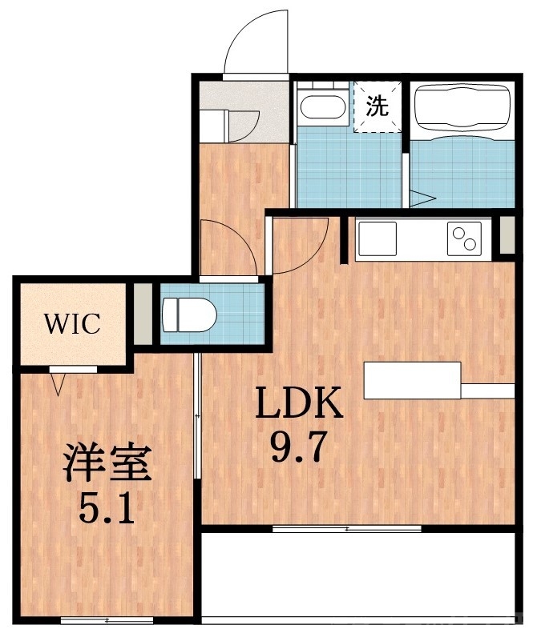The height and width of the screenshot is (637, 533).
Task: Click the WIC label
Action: tap(72, 324)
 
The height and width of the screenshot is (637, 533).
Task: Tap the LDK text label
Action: tap(299, 405)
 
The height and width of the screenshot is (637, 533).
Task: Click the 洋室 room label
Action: tap(108, 464)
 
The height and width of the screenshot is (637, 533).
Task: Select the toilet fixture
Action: tap(188, 314)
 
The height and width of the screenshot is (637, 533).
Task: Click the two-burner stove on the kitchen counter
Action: tap(463, 238)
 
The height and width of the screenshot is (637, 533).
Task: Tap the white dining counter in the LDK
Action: tap(413, 380)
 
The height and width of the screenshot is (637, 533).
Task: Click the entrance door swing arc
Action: tap(258, 44)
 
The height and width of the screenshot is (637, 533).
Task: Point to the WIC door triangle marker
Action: tap(59, 386)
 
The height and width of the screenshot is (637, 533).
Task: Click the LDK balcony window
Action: tap(346, 528)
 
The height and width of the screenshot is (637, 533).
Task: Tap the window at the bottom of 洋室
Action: tap(95, 619)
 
